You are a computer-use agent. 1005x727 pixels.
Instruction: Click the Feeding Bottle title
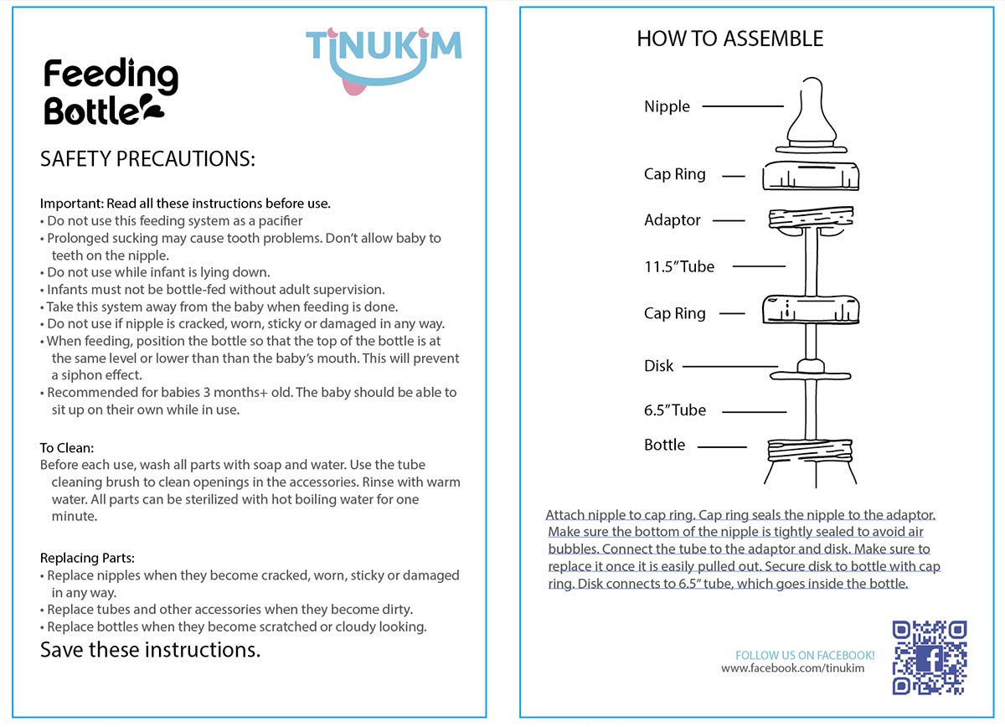coord(110,92)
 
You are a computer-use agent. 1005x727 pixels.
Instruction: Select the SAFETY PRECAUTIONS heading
coord(147,159)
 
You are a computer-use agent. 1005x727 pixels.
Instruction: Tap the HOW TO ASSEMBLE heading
coord(729,39)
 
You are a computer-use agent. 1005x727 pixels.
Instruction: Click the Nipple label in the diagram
coord(667,106)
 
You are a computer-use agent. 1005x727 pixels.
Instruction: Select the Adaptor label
coord(672,220)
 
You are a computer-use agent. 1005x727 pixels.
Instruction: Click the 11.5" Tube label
coord(679,266)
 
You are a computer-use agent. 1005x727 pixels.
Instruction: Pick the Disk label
coord(658,366)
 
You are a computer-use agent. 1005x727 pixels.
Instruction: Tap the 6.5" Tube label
coord(674,410)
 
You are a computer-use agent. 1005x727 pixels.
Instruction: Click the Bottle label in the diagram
coord(664,445)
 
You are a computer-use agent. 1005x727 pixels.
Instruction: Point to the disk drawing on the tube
coord(810,369)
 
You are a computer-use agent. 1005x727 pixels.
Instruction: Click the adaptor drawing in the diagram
coord(810,220)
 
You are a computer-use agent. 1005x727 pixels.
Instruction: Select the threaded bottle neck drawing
coord(810,456)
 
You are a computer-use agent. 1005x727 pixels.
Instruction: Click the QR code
coord(930,657)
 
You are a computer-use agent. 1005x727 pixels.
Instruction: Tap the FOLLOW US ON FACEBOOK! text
coord(804,655)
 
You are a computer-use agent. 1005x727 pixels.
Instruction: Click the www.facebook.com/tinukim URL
coord(792,668)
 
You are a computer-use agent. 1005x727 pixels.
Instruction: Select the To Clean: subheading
coord(67,448)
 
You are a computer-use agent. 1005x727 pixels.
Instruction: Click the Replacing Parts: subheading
coord(87,558)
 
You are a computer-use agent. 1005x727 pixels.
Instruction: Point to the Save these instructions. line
coord(150,649)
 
